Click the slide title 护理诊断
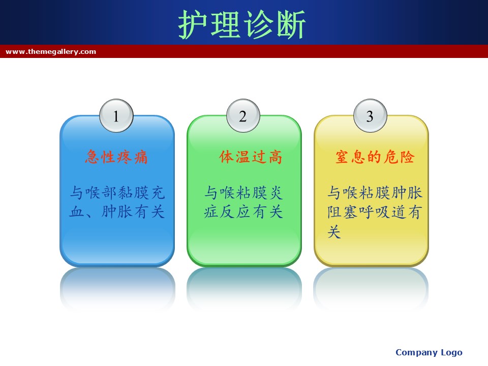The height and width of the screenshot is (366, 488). click(x=242, y=24)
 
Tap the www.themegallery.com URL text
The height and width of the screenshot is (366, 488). click(x=51, y=52)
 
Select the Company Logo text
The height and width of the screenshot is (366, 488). click(x=429, y=353)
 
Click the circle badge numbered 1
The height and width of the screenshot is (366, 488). click(x=116, y=116)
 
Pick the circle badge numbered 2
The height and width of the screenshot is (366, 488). click(x=243, y=116)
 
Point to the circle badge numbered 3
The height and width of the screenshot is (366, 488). click(x=370, y=116)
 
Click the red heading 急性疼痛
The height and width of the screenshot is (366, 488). click(x=116, y=157)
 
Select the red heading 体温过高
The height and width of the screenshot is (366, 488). click(x=251, y=157)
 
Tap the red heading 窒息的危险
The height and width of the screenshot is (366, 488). click(x=375, y=157)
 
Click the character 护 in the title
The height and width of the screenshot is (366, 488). click(x=193, y=24)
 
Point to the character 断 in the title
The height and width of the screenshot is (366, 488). click(x=291, y=24)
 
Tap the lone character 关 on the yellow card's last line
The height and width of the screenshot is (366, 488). click(x=334, y=232)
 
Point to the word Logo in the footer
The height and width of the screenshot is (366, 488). click(x=451, y=353)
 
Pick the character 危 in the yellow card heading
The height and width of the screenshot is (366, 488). click(x=391, y=157)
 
